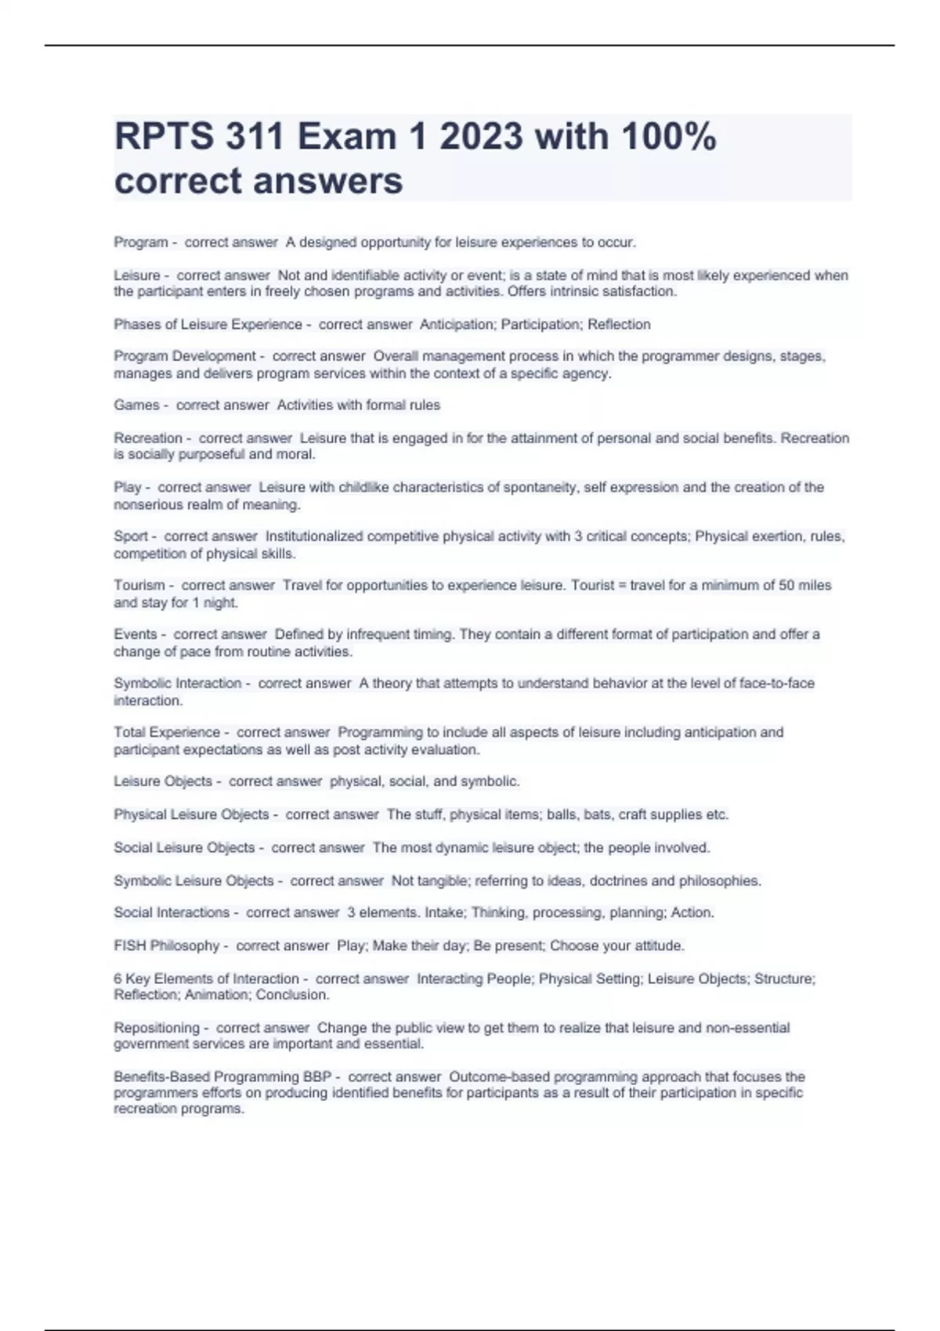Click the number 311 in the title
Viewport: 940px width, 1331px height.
[x=255, y=137]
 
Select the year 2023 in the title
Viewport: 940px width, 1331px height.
[x=480, y=137]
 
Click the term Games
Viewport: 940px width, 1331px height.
[x=136, y=405]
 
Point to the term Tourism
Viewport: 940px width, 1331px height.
[x=139, y=585]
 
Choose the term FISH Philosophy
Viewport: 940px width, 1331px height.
[x=166, y=945]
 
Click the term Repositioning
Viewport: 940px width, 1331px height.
[x=157, y=1027]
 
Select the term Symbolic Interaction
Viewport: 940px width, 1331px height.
[x=178, y=683]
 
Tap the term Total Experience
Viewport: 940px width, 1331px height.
[x=167, y=732]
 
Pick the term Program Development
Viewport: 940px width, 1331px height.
[x=185, y=356]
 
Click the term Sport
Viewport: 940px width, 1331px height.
[x=131, y=536]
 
